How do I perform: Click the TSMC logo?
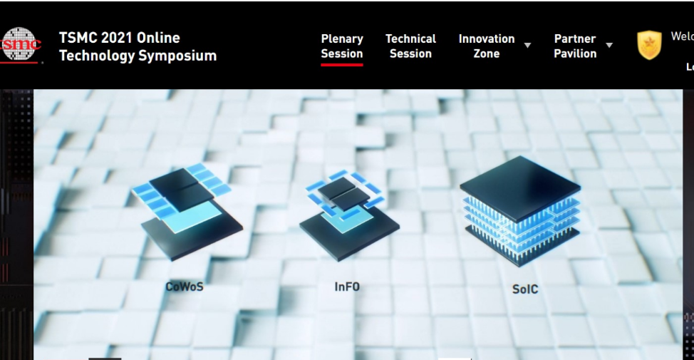click(x=20, y=44)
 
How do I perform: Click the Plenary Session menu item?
click(x=342, y=46)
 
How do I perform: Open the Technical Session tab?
click(x=410, y=46)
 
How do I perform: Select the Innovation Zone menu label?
click(x=486, y=46)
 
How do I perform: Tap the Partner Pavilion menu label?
click(x=575, y=46)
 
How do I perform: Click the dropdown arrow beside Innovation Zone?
click(x=528, y=46)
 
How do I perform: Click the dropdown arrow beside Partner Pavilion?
click(x=609, y=46)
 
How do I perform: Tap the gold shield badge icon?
click(x=649, y=45)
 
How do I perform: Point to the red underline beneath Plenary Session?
click(x=342, y=64)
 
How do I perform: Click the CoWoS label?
click(x=184, y=287)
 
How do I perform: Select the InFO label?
click(x=347, y=287)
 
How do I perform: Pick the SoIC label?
click(x=525, y=289)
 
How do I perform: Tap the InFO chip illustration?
click(x=348, y=214)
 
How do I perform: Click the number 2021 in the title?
click(x=116, y=38)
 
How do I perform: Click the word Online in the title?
click(x=157, y=38)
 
